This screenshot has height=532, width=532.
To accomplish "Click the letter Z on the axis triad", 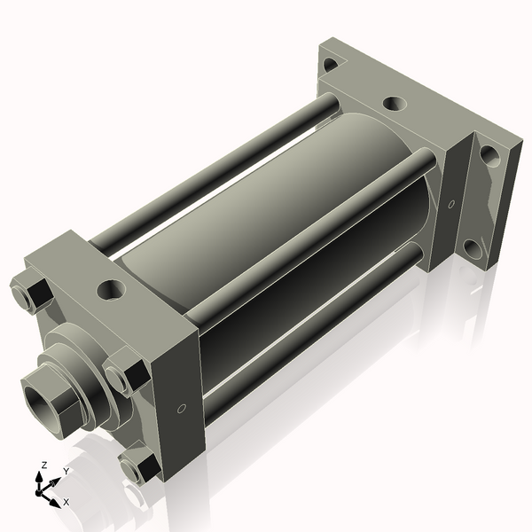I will pos(44,465).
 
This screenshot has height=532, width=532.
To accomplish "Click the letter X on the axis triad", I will pos(66,502).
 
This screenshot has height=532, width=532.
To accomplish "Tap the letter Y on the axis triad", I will pos(66,472).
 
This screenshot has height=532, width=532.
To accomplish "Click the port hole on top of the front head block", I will pos(112,288).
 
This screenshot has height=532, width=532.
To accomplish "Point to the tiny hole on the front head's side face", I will pos(182,409).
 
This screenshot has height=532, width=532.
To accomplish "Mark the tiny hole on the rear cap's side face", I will pos(450,205).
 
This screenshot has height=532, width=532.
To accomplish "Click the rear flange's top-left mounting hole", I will pos(331,64).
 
